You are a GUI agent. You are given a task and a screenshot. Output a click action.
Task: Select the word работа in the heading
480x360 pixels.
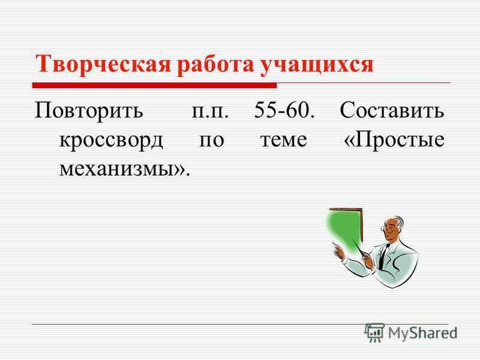click(215, 65)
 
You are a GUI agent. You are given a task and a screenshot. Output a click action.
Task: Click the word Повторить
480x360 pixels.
click(89, 111)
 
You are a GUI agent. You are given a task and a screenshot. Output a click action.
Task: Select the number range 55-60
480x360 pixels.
click(284, 110)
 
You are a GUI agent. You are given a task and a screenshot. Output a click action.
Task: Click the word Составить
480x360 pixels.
click(392, 110)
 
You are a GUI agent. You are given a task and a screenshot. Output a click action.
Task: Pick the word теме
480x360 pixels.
click(283, 140)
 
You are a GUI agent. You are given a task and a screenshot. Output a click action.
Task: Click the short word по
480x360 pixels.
click(212, 140)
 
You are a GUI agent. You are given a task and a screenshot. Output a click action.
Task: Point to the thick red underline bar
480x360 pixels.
click(155, 85)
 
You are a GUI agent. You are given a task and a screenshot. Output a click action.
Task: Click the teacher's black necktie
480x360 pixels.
click(383, 256)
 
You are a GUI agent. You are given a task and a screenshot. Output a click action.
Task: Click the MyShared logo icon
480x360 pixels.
click(374, 333)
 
